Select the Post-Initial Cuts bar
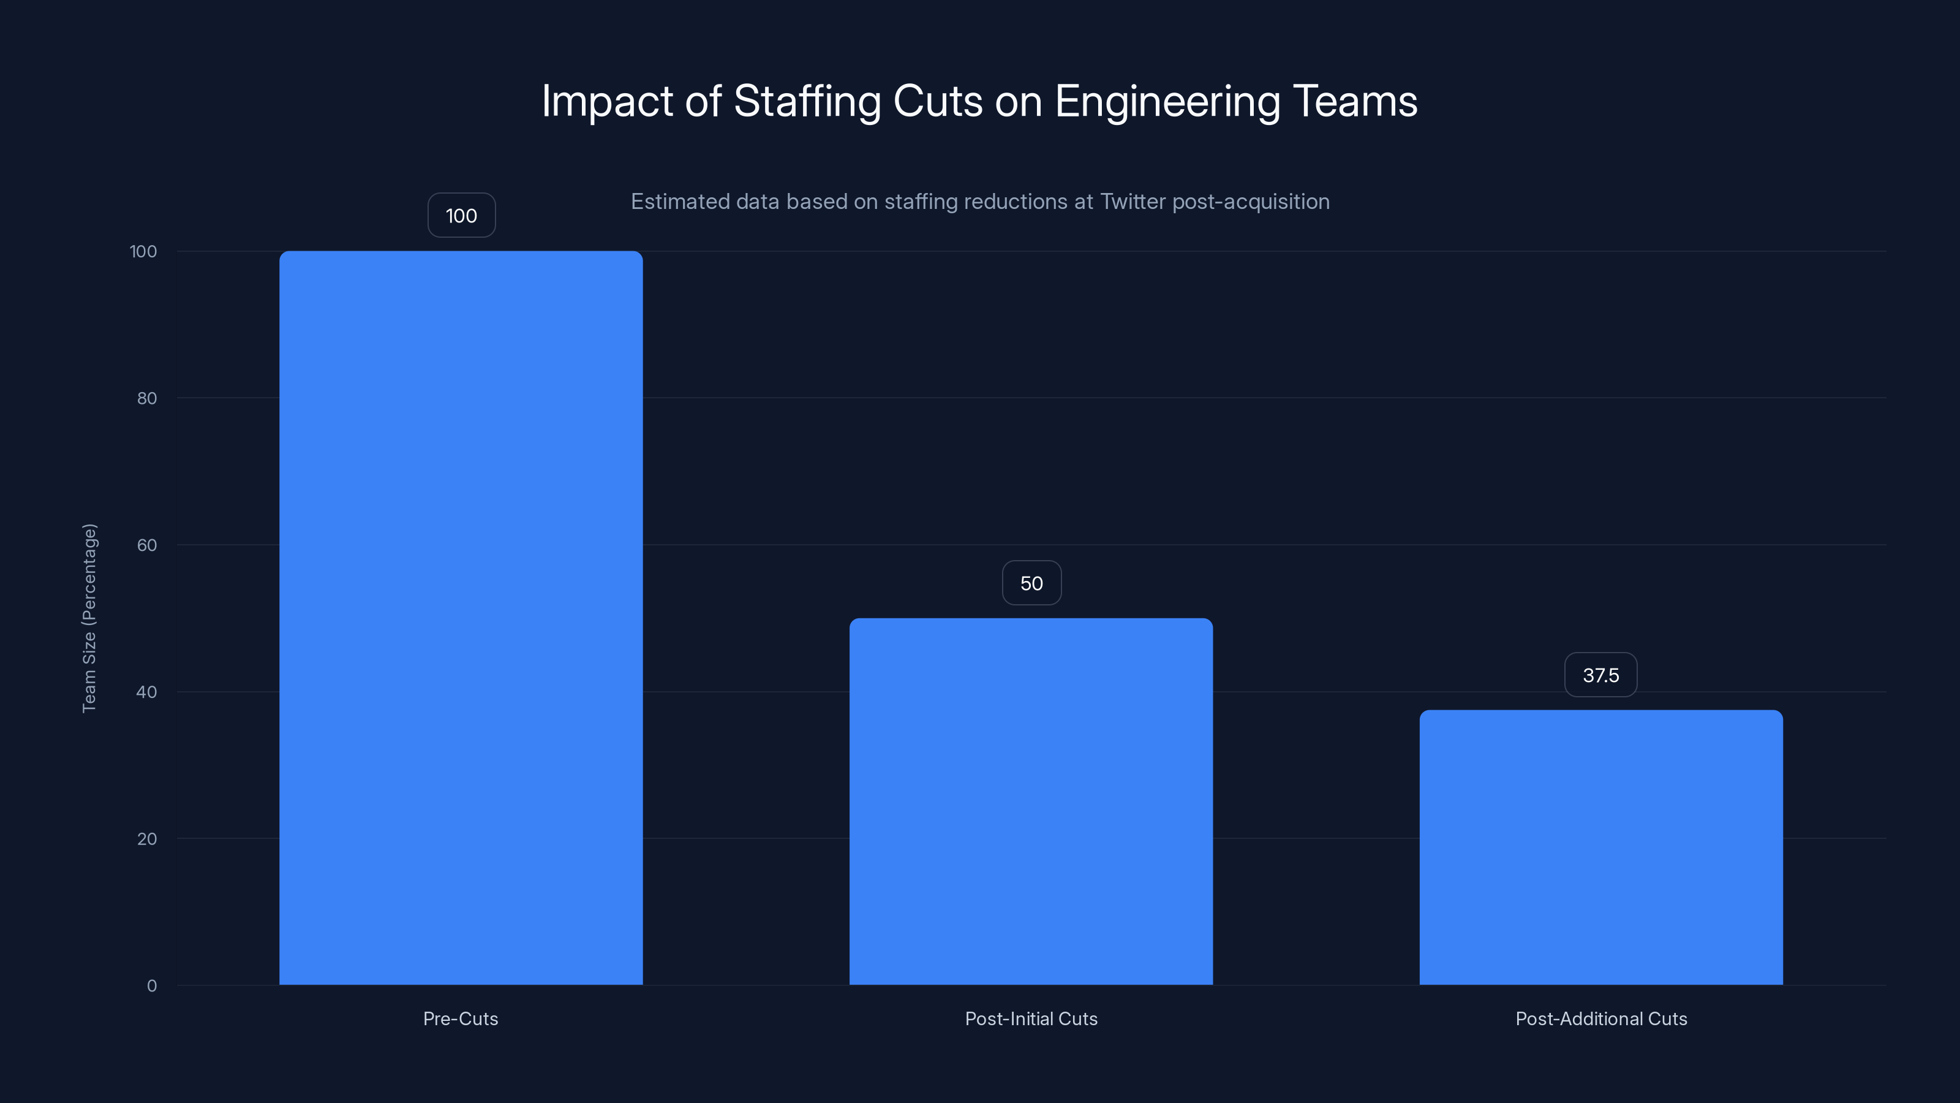(1030, 801)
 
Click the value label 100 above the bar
(461, 216)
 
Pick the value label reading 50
(1031, 583)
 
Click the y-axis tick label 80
(147, 398)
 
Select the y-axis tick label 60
(147, 545)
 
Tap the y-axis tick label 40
(147, 692)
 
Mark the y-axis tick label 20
(147, 839)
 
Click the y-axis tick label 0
(151, 986)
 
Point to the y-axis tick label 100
(143, 251)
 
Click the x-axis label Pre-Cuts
(461, 1018)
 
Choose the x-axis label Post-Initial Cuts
(1030, 1018)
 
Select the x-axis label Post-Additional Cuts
(1601, 1018)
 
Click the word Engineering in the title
(1167, 101)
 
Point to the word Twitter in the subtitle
(1132, 202)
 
